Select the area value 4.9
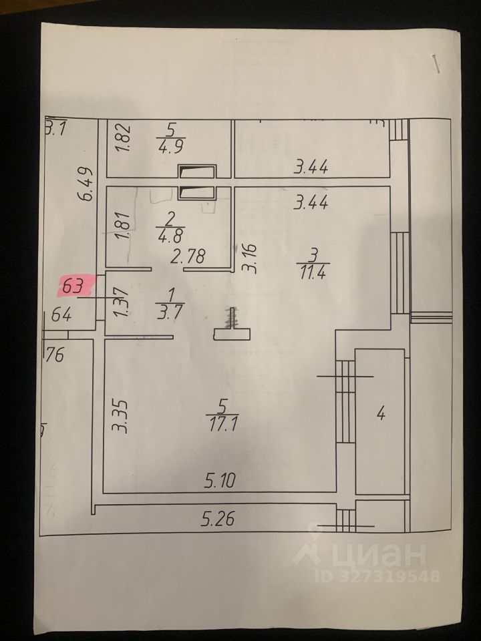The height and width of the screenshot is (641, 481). click(171, 146)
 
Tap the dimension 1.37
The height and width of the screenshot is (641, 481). click(121, 302)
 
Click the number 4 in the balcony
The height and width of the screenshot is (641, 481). click(381, 415)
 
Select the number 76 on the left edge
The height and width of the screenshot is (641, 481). click(55, 355)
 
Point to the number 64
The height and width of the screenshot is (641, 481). click(61, 315)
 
